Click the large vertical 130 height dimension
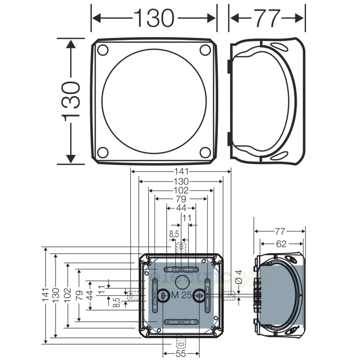[x=71, y=101]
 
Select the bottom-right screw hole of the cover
[x=205, y=152]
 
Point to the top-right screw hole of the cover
[x=205, y=50]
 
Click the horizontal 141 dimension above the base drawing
[x=181, y=172]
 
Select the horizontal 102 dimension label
[x=181, y=190]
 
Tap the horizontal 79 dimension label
[x=181, y=199]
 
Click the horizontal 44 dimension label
[x=181, y=208]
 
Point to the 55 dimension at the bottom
[x=181, y=354]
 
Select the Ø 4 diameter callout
[x=238, y=277]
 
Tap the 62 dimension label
[x=281, y=244]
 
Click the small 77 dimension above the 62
[x=280, y=231]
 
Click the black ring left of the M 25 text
[x=163, y=296]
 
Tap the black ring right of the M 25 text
[x=198, y=296]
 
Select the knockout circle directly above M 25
[x=182, y=281]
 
